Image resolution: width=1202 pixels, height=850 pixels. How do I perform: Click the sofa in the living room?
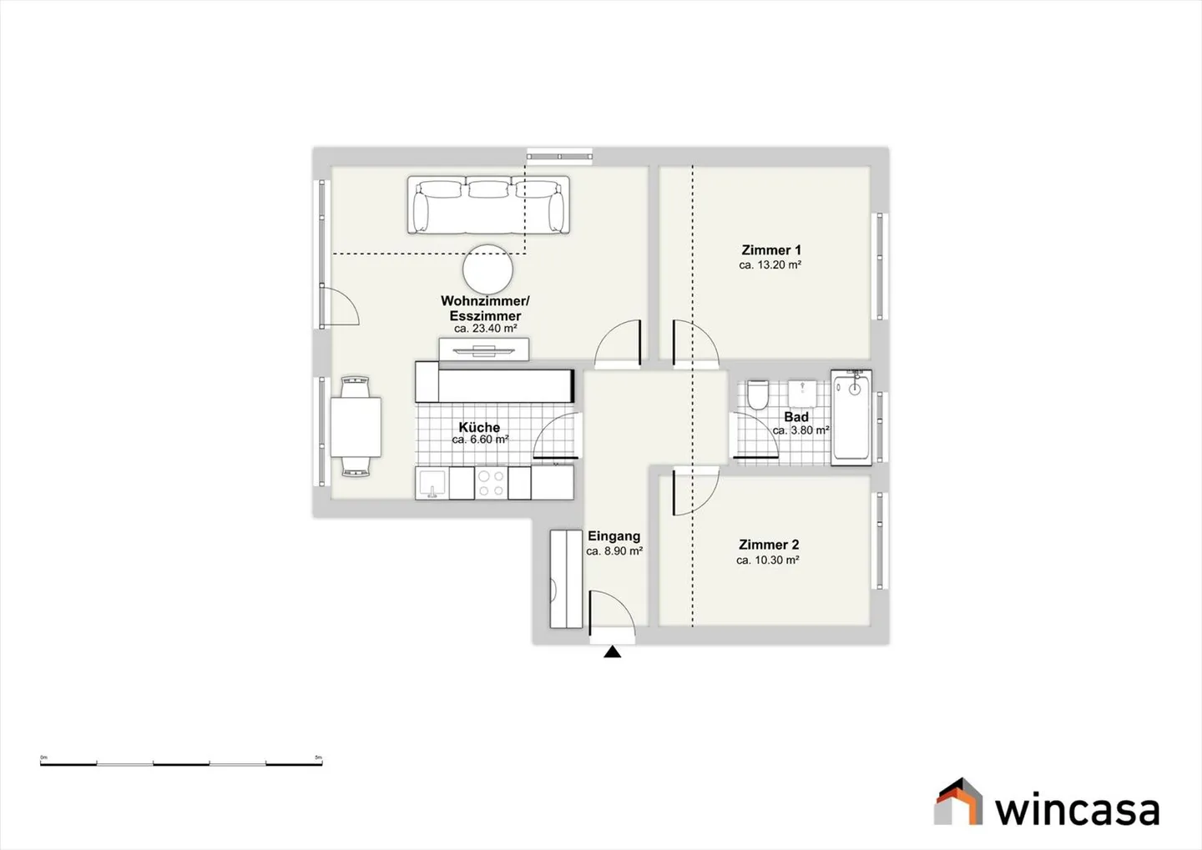[488, 205]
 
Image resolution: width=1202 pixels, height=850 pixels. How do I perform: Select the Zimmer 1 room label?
[771, 250]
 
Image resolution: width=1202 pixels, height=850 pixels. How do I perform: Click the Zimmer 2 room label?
[769, 545]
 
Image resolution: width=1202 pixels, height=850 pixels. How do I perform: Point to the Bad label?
[796, 416]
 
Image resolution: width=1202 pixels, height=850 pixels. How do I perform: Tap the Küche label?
[479, 427]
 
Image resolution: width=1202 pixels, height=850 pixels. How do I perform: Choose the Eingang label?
[614, 536]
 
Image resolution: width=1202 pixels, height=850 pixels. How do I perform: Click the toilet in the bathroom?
[758, 395]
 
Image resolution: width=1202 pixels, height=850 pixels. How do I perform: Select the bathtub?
[851, 418]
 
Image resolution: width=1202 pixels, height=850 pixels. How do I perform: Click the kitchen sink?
[432, 483]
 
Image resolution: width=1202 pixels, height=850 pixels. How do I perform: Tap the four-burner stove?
[490, 483]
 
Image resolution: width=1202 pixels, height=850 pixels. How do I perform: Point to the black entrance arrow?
[613, 652]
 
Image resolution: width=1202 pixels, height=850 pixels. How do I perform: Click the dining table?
[356, 427]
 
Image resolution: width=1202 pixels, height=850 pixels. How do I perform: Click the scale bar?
[181, 763]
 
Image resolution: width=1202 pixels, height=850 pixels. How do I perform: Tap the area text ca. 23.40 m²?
[485, 329]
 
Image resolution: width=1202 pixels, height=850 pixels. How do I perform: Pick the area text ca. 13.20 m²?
[770, 265]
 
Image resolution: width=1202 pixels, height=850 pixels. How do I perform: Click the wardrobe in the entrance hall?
[566, 579]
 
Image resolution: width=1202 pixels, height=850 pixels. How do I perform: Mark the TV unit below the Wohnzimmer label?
[484, 350]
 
